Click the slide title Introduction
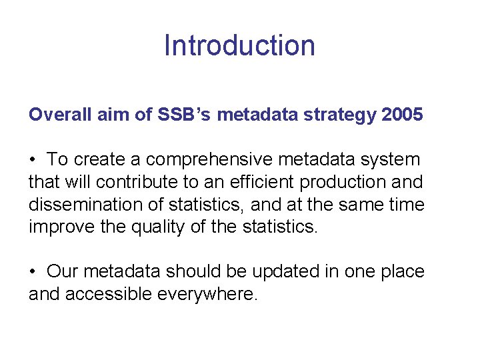(x=239, y=45)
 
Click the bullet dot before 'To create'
(x=32, y=160)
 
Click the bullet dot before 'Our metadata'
(x=32, y=272)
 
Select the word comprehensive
(x=214, y=160)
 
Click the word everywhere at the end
(x=207, y=294)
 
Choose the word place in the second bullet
(x=397, y=272)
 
